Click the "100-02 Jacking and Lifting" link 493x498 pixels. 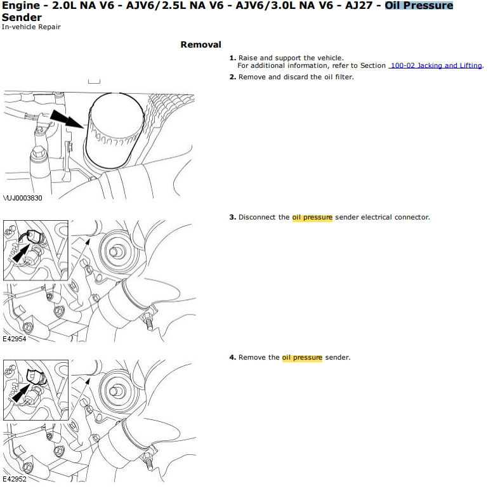point(435,65)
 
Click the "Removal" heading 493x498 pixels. point(200,44)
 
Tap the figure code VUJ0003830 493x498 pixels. point(23,198)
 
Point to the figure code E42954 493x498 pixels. point(15,339)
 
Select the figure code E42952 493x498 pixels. point(15,479)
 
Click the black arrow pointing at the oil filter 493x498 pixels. point(67,119)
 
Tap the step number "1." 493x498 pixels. point(232,58)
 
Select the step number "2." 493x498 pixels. point(232,77)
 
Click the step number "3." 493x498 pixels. point(232,217)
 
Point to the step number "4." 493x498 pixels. point(232,357)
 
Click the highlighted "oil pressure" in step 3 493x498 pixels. point(312,218)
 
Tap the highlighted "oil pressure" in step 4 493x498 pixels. point(302,358)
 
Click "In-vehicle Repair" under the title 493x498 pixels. point(31,27)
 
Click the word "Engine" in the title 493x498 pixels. point(21,6)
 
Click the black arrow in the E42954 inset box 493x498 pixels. point(21,253)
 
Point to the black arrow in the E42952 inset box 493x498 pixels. point(21,393)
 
